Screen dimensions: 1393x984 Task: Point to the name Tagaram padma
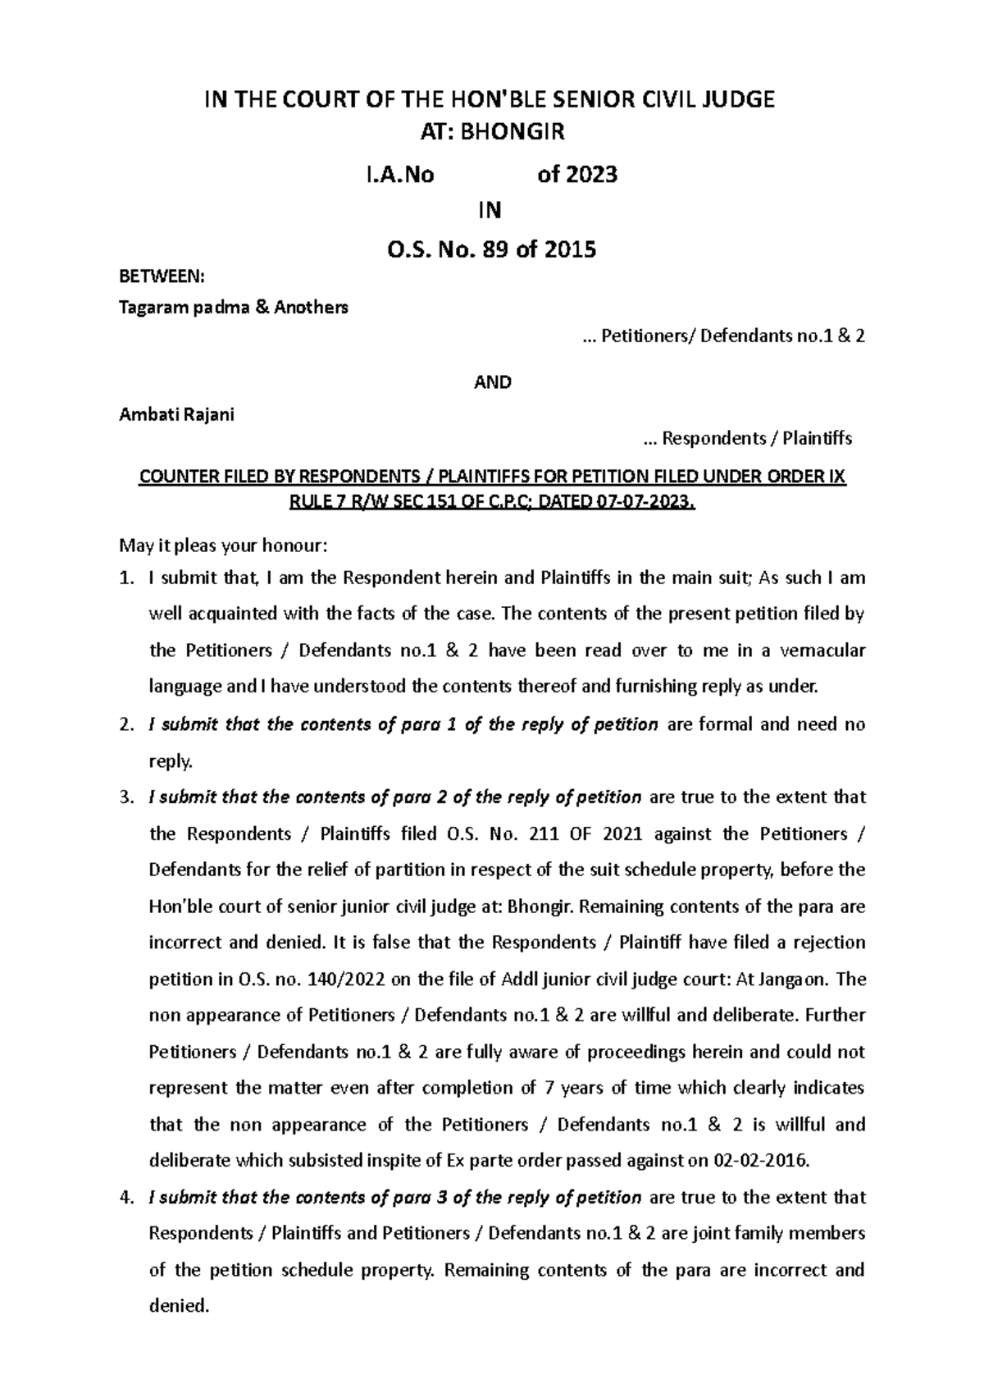pos(182,308)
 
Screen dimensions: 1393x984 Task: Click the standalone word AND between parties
pos(493,382)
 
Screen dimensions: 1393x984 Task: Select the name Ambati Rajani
pos(177,414)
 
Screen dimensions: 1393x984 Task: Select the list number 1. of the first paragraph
pos(126,578)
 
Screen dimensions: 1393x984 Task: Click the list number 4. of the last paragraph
pos(126,1198)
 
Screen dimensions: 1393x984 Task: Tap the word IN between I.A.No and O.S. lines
pos(490,211)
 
